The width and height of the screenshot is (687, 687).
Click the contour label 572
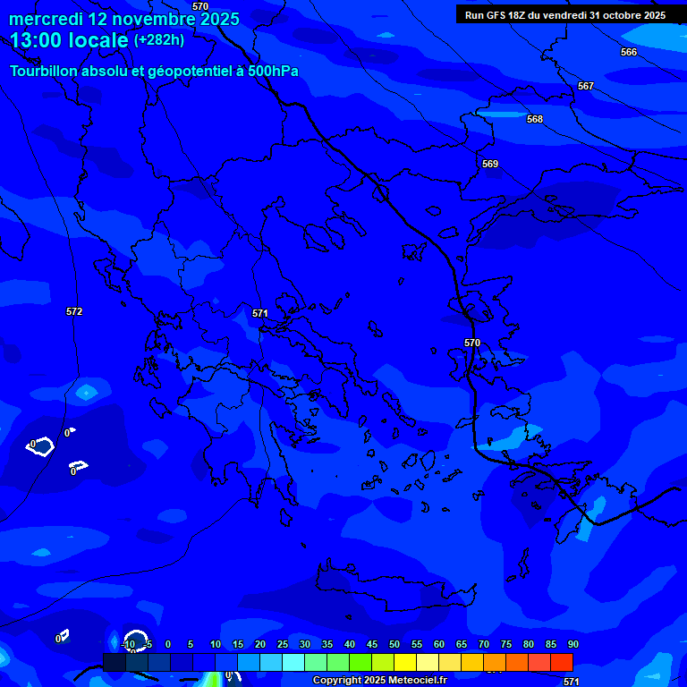point(74,311)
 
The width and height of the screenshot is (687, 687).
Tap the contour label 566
point(629,52)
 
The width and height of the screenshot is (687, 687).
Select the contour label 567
point(586,86)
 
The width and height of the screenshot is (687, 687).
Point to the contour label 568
point(535,119)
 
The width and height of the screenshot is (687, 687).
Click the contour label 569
point(490,164)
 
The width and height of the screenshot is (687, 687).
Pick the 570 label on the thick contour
point(472,343)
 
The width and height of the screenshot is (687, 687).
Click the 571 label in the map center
point(260,313)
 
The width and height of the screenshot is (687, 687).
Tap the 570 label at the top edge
point(200,6)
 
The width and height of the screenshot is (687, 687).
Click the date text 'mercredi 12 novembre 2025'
point(124,19)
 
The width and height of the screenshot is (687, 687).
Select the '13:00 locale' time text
point(69,40)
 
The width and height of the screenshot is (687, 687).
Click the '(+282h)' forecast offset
point(159,40)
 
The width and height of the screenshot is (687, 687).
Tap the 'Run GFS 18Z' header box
point(565,15)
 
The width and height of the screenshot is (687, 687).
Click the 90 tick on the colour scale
point(572,644)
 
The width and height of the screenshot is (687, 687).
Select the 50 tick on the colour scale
point(394,644)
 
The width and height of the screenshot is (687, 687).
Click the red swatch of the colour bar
point(561,662)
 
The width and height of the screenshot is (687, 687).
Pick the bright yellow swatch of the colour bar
point(405,662)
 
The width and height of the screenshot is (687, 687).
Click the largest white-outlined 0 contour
point(40,447)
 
